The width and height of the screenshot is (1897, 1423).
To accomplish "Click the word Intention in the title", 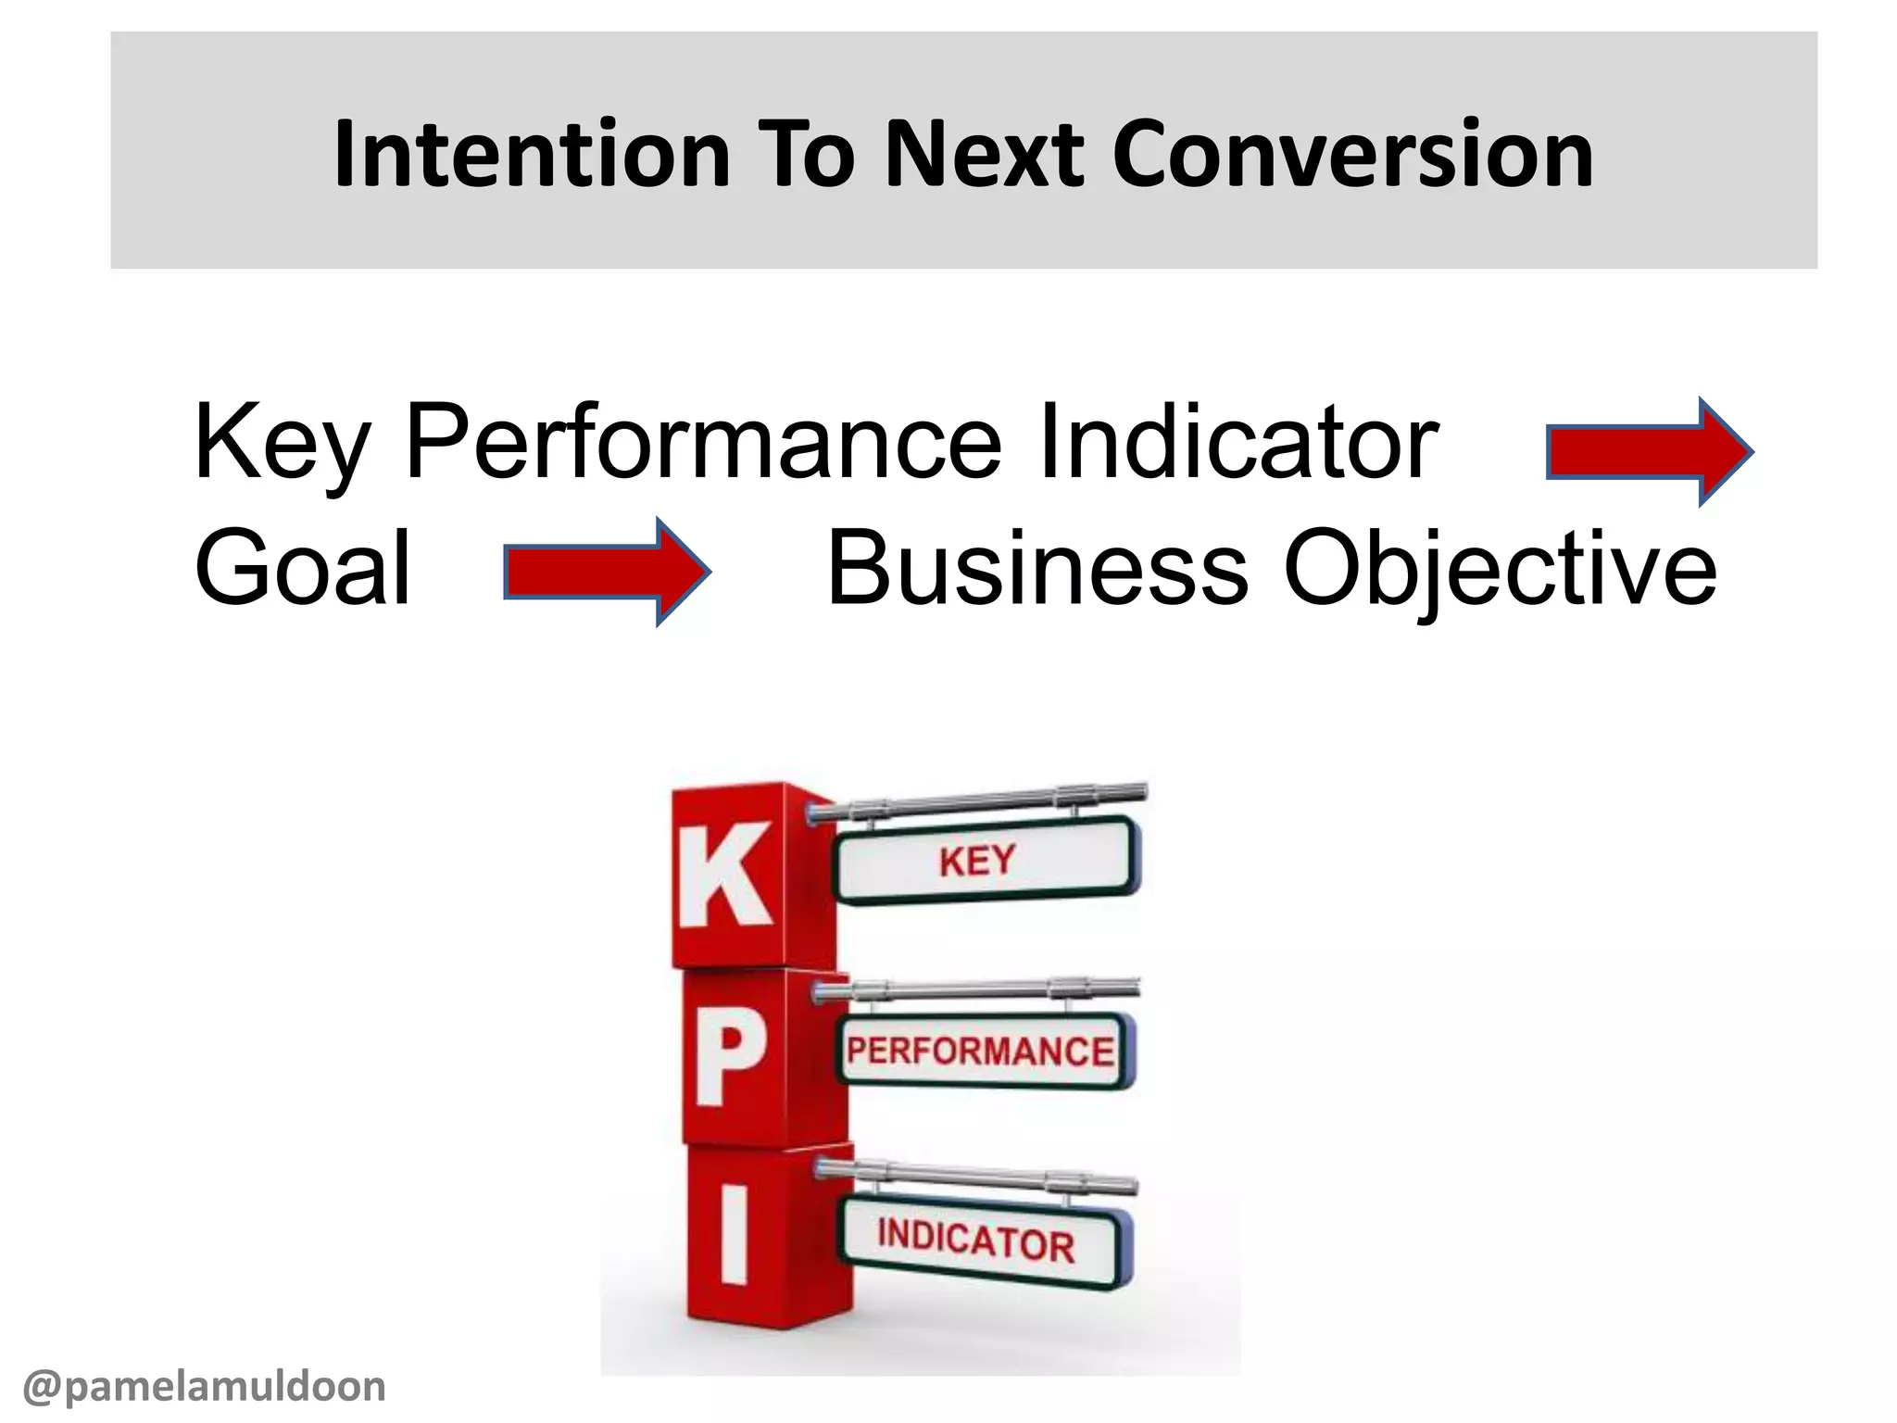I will pyautogui.click(x=533, y=154).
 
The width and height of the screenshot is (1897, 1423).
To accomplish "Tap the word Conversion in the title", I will pyautogui.click(x=1352, y=154).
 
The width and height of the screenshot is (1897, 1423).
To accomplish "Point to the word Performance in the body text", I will pyautogui.click(x=704, y=443).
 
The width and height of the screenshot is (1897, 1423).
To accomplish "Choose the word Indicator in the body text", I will pyautogui.click(x=1237, y=443).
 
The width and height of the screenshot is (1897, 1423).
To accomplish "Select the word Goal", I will pyautogui.click(x=302, y=567).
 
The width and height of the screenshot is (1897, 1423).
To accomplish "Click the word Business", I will pyautogui.click(x=1037, y=567).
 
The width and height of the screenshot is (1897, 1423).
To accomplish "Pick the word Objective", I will pyautogui.click(x=1501, y=567).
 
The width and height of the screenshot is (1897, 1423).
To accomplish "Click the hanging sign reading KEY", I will pyautogui.click(x=984, y=860).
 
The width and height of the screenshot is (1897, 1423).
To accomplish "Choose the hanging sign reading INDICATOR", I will pyautogui.click(x=982, y=1241).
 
